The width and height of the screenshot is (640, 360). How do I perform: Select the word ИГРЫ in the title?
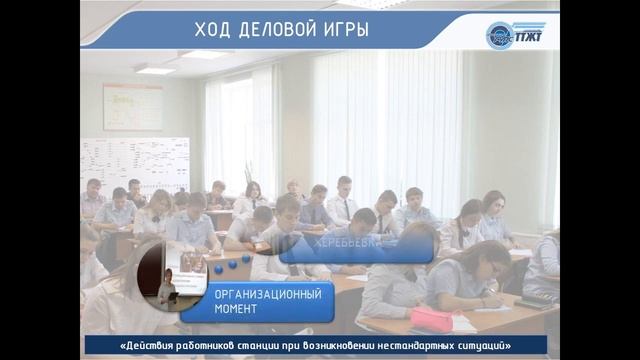pos(345,30)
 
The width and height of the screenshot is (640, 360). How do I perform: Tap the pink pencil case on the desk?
pos(431,318)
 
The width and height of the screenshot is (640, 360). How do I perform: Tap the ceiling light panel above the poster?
pos(155,70)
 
